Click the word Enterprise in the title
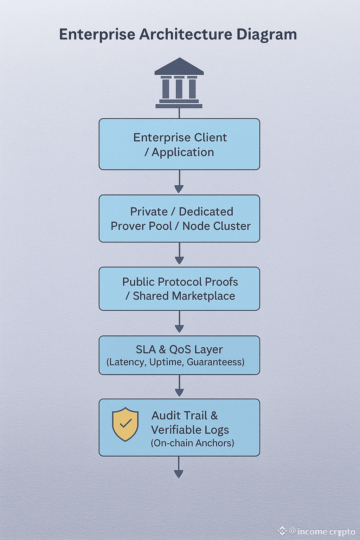click(97, 35)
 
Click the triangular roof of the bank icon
click(179, 66)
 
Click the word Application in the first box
click(183, 152)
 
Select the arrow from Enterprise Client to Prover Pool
click(179, 183)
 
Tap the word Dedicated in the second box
click(206, 212)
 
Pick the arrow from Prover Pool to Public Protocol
click(179, 255)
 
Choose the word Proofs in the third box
click(221, 282)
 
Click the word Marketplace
click(204, 296)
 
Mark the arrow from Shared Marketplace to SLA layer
click(179, 323)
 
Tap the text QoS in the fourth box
click(180, 350)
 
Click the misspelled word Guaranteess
click(216, 362)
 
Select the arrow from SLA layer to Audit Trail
click(179, 387)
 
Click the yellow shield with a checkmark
click(125, 424)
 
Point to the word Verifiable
click(174, 430)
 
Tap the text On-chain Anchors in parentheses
click(193, 443)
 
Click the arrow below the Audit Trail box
click(179, 468)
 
